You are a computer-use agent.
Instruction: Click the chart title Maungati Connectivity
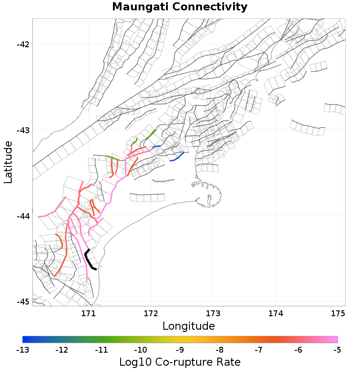[180, 7]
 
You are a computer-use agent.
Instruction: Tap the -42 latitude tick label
[22, 45]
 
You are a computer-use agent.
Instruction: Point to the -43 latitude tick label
[22, 130]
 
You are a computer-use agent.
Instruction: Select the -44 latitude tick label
[22, 216]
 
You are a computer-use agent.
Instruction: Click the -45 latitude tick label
[22, 302]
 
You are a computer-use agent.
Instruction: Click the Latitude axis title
[8, 162]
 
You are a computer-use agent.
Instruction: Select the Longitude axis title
[189, 326]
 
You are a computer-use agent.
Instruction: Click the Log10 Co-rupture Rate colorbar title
[180, 362]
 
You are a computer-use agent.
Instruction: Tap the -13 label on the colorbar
[22, 350]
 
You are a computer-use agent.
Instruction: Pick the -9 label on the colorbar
[180, 350]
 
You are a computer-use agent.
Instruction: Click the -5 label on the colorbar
[337, 350]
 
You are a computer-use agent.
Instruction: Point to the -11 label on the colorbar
[101, 350]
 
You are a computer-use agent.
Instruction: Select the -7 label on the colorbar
[259, 350]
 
